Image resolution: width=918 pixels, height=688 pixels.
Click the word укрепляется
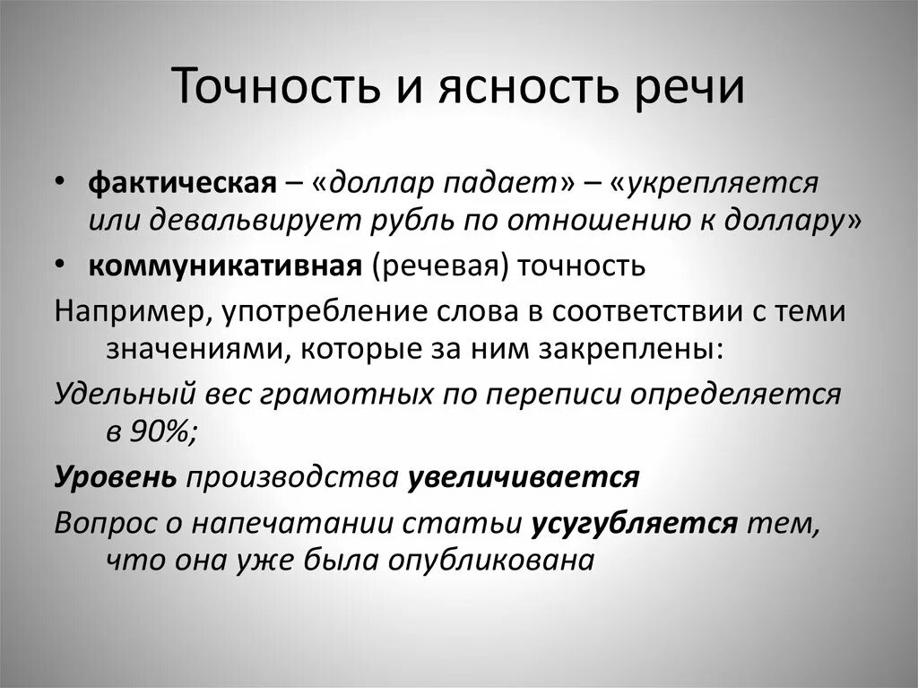pyautogui.click(x=714, y=184)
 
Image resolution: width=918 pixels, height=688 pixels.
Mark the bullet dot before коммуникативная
pyautogui.click(x=59, y=266)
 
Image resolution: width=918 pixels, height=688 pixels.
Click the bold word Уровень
pyautogui.click(x=116, y=477)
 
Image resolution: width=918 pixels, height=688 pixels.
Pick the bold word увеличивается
pyautogui.click(x=524, y=477)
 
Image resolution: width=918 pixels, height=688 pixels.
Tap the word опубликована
pyautogui.click(x=490, y=560)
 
